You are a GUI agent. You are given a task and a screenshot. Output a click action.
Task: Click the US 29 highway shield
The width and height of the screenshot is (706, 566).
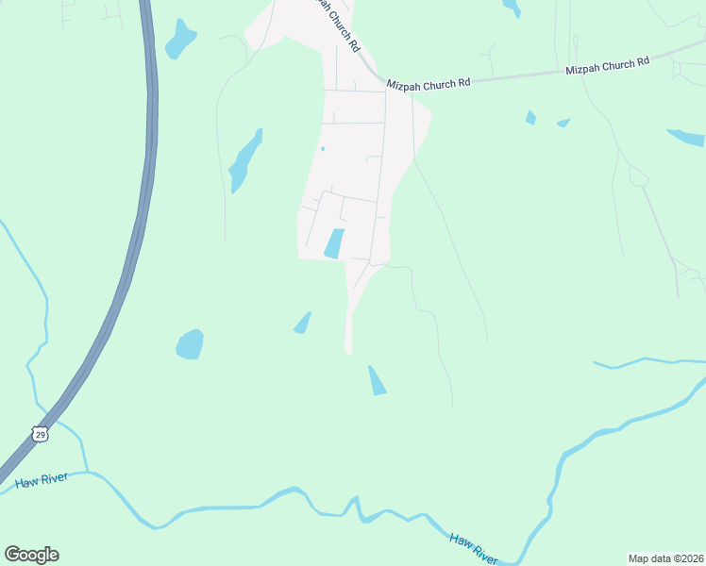coord(39,433)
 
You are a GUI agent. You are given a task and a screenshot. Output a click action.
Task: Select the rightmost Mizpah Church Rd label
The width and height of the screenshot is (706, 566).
coord(607,66)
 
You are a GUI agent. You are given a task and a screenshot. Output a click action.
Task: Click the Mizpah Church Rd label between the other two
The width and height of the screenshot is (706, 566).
coord(428,84)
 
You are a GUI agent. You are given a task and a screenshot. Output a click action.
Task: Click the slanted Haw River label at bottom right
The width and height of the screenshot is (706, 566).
coord(473,549)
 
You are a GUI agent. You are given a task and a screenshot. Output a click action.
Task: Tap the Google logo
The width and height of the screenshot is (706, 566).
coord(31,554)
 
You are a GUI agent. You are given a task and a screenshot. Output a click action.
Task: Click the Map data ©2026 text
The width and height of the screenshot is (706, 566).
coord(665,558)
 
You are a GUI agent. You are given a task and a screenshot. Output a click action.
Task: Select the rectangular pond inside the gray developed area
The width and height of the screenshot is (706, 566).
coord(334,243)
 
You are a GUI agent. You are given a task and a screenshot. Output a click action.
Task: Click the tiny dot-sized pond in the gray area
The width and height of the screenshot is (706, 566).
coord(323,148)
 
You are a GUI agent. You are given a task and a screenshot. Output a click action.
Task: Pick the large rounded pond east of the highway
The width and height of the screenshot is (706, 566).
coord(190,344)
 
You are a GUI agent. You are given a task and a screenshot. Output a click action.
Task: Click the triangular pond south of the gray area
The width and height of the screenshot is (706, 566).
coord(377,381)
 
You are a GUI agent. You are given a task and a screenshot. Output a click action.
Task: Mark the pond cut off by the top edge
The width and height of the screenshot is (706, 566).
coord(512,8)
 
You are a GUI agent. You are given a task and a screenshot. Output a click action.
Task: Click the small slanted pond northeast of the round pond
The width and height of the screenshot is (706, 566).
coord(302,323)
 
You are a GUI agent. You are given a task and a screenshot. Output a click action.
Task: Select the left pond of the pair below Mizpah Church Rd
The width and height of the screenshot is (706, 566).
coord(530,118)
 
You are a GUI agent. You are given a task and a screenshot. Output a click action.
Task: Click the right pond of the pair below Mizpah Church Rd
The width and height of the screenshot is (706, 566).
coord(563,122)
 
